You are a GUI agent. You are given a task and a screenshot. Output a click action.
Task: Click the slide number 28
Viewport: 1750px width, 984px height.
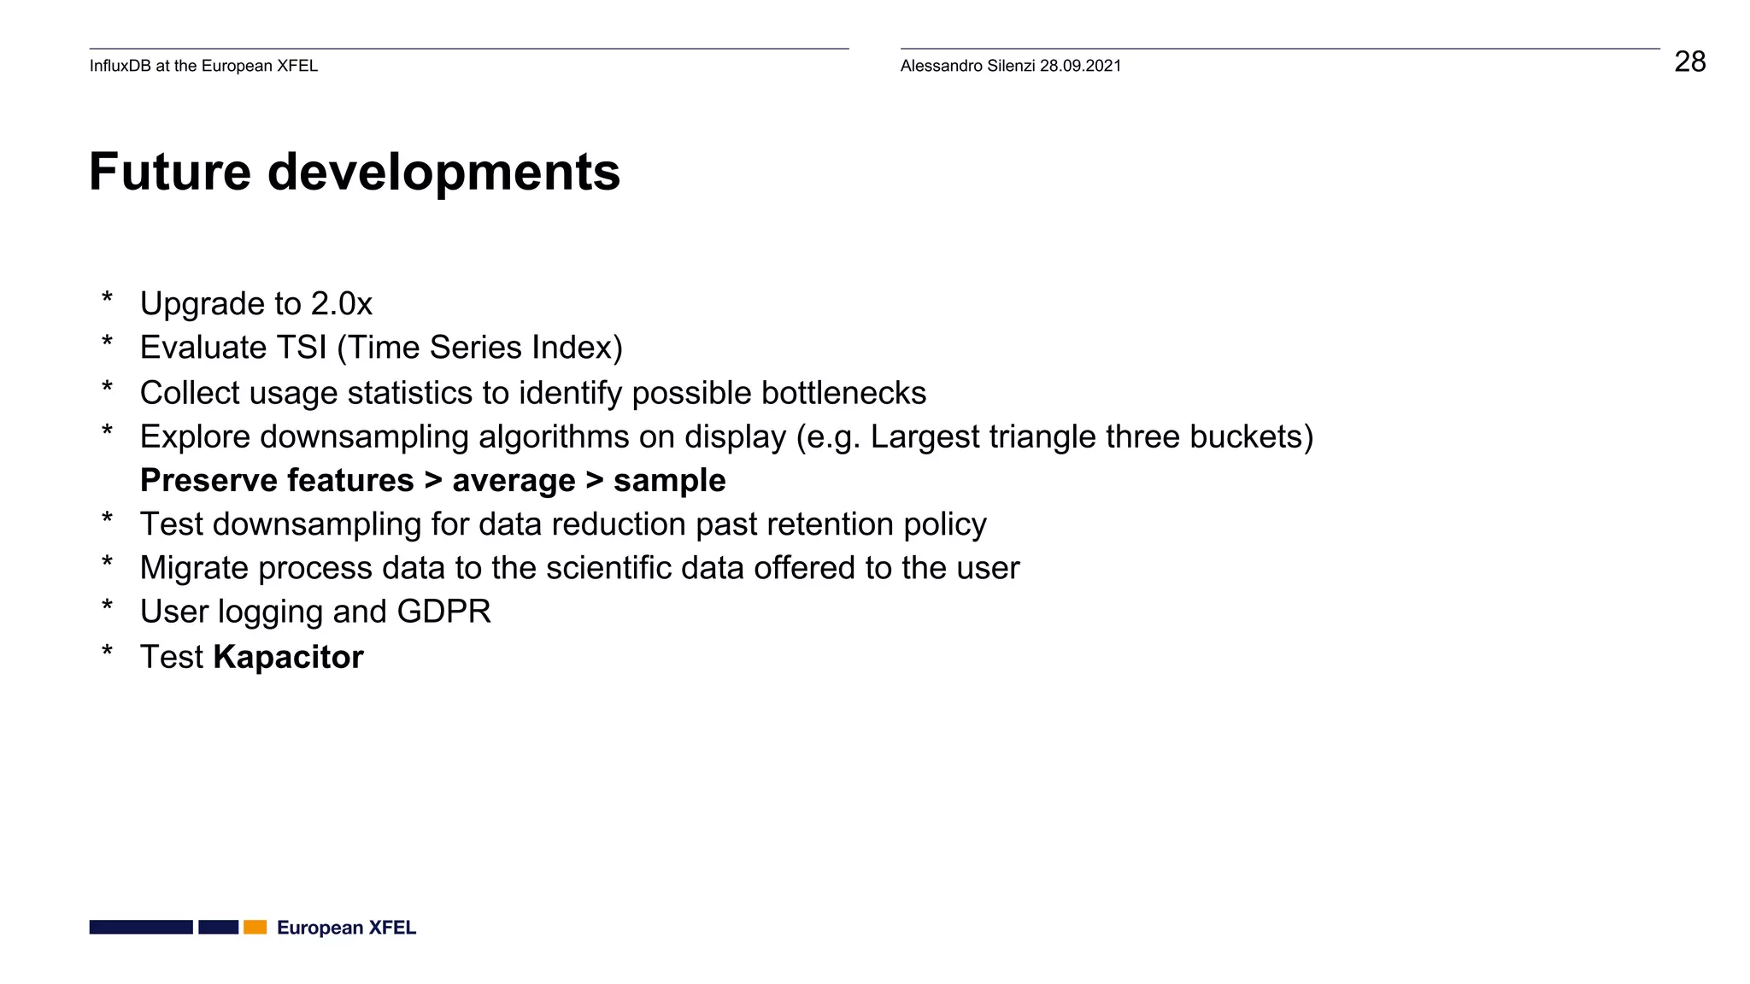[1689, 62]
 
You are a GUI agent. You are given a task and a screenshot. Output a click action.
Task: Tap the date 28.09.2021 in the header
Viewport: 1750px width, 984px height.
[1080, 66]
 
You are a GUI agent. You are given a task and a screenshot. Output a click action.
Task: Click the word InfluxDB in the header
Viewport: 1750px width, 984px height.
[120, 66]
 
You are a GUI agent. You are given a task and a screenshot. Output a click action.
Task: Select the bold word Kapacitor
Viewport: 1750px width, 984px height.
[288, 657]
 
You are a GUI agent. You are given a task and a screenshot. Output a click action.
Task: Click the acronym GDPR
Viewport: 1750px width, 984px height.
[443, 612]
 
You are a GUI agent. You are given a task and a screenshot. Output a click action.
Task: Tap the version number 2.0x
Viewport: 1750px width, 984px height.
[341, 304]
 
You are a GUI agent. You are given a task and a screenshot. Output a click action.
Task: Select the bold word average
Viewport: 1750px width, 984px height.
[514, 481]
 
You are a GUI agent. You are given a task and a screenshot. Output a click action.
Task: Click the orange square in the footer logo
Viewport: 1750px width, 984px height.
[255, 927]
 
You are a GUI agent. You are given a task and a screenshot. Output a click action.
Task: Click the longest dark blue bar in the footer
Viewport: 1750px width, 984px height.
[141, 927]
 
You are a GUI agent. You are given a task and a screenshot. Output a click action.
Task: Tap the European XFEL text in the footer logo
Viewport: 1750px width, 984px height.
[346, 928]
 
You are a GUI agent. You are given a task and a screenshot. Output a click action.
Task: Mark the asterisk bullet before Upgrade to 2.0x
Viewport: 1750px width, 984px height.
[107, 299]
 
